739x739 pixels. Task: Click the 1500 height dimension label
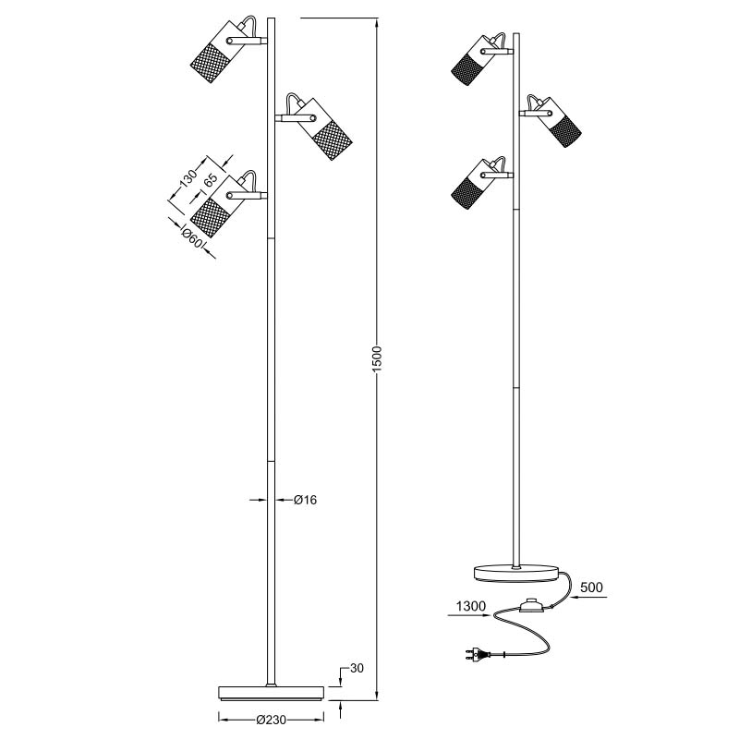tap(377, 359)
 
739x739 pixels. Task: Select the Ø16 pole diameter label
tap(306, 500)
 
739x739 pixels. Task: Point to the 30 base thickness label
tap(357, 668)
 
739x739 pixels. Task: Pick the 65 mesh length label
tap(211, 181)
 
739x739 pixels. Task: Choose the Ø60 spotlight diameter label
tap(192, 237)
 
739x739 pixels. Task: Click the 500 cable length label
tap(591, 588)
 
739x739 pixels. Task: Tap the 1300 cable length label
tap(471, 606)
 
